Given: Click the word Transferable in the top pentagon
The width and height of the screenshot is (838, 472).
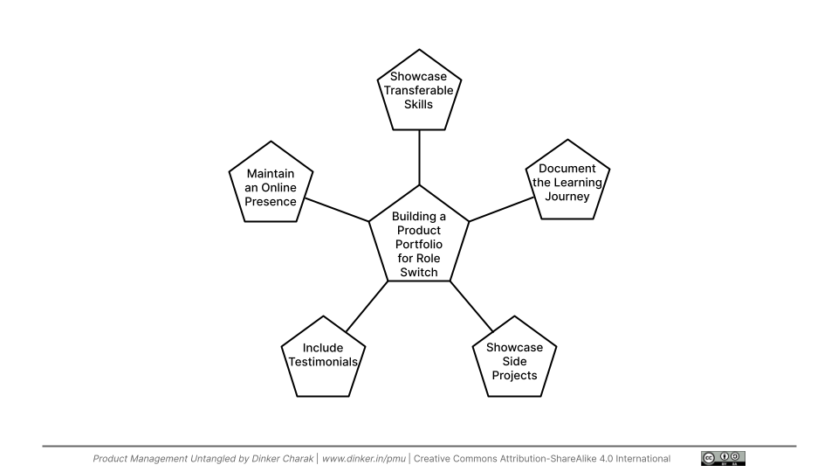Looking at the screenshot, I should [419, 90].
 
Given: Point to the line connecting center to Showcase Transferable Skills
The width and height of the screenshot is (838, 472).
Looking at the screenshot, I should [419, 157].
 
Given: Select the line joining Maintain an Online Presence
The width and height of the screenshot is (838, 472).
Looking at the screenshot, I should [335, 210].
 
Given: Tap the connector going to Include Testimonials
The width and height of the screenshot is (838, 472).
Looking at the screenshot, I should [367, 307].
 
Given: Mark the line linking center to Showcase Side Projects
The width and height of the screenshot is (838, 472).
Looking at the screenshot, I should [471, 307].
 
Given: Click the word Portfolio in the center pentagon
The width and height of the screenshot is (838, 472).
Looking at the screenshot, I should [419, 244].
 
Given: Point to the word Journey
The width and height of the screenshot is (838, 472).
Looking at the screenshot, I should [567, 196].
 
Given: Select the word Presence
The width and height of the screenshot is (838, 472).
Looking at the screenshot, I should [270, 202].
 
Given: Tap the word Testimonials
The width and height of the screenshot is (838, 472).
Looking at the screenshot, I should [323, 362].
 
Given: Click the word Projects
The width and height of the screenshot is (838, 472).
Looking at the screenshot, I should [515, 376].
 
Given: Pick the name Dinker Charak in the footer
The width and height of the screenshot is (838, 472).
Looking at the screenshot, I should [264, 458].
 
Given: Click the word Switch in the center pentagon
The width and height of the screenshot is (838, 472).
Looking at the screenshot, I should [419, 272].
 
